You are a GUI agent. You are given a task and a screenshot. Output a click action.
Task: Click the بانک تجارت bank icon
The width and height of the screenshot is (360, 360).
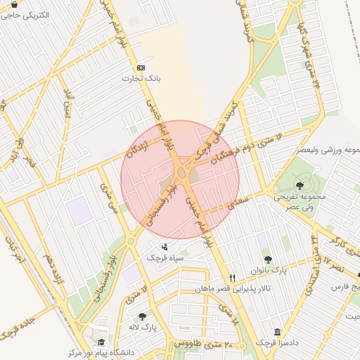141,67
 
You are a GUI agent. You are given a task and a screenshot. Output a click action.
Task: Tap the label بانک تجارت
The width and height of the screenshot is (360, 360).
150,79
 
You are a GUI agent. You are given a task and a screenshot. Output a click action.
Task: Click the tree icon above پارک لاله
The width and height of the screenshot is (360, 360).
143,316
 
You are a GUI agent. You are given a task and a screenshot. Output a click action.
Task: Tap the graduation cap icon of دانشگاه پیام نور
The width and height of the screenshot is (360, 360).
91,342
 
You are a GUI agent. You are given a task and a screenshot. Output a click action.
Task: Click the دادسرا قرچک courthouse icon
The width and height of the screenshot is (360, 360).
277,332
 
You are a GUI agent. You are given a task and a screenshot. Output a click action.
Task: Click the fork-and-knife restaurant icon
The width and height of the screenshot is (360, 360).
233,277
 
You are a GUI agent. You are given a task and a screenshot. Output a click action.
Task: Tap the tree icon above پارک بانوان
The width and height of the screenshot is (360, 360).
268,259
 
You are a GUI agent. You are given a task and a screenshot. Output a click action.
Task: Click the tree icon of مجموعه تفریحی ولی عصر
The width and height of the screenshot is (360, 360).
300,186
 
